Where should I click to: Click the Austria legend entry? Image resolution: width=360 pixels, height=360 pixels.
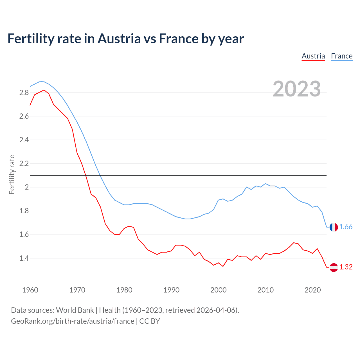(x=313, y=56)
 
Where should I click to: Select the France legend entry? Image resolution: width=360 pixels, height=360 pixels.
(x=341, y=56)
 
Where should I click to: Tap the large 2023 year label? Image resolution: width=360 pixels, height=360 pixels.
(x=296, y=89)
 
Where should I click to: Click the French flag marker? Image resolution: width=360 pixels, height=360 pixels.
(x=334, y=227)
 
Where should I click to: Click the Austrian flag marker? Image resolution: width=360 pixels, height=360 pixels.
(x=334, y=267)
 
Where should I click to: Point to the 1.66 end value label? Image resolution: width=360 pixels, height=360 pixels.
(x=346, y=227)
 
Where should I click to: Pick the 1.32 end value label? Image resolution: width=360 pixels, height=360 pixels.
(x=346, y=267)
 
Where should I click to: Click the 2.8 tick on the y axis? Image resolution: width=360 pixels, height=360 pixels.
(x=24, y=93)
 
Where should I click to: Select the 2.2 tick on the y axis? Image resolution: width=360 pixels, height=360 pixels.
(x=24, y=164)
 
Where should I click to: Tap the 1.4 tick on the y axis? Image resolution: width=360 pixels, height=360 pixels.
(x=24, y=258)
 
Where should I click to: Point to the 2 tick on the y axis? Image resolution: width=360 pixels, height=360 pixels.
(x=27, y=187)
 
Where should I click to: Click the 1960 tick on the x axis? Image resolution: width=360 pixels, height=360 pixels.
(x=30, y=290)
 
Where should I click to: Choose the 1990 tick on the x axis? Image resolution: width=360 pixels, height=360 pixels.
(x=171, y=290)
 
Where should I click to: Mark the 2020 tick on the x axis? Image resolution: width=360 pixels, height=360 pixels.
(x=312, y=290)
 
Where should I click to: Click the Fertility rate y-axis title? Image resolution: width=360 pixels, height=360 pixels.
(x=12, y=174)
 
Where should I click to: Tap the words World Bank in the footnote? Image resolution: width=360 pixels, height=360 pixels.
(x=75, y=310)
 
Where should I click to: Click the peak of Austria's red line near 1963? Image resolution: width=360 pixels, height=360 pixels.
(x=44, y=90)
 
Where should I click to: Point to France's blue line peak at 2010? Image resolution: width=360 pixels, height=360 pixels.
(x=265, y=183)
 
